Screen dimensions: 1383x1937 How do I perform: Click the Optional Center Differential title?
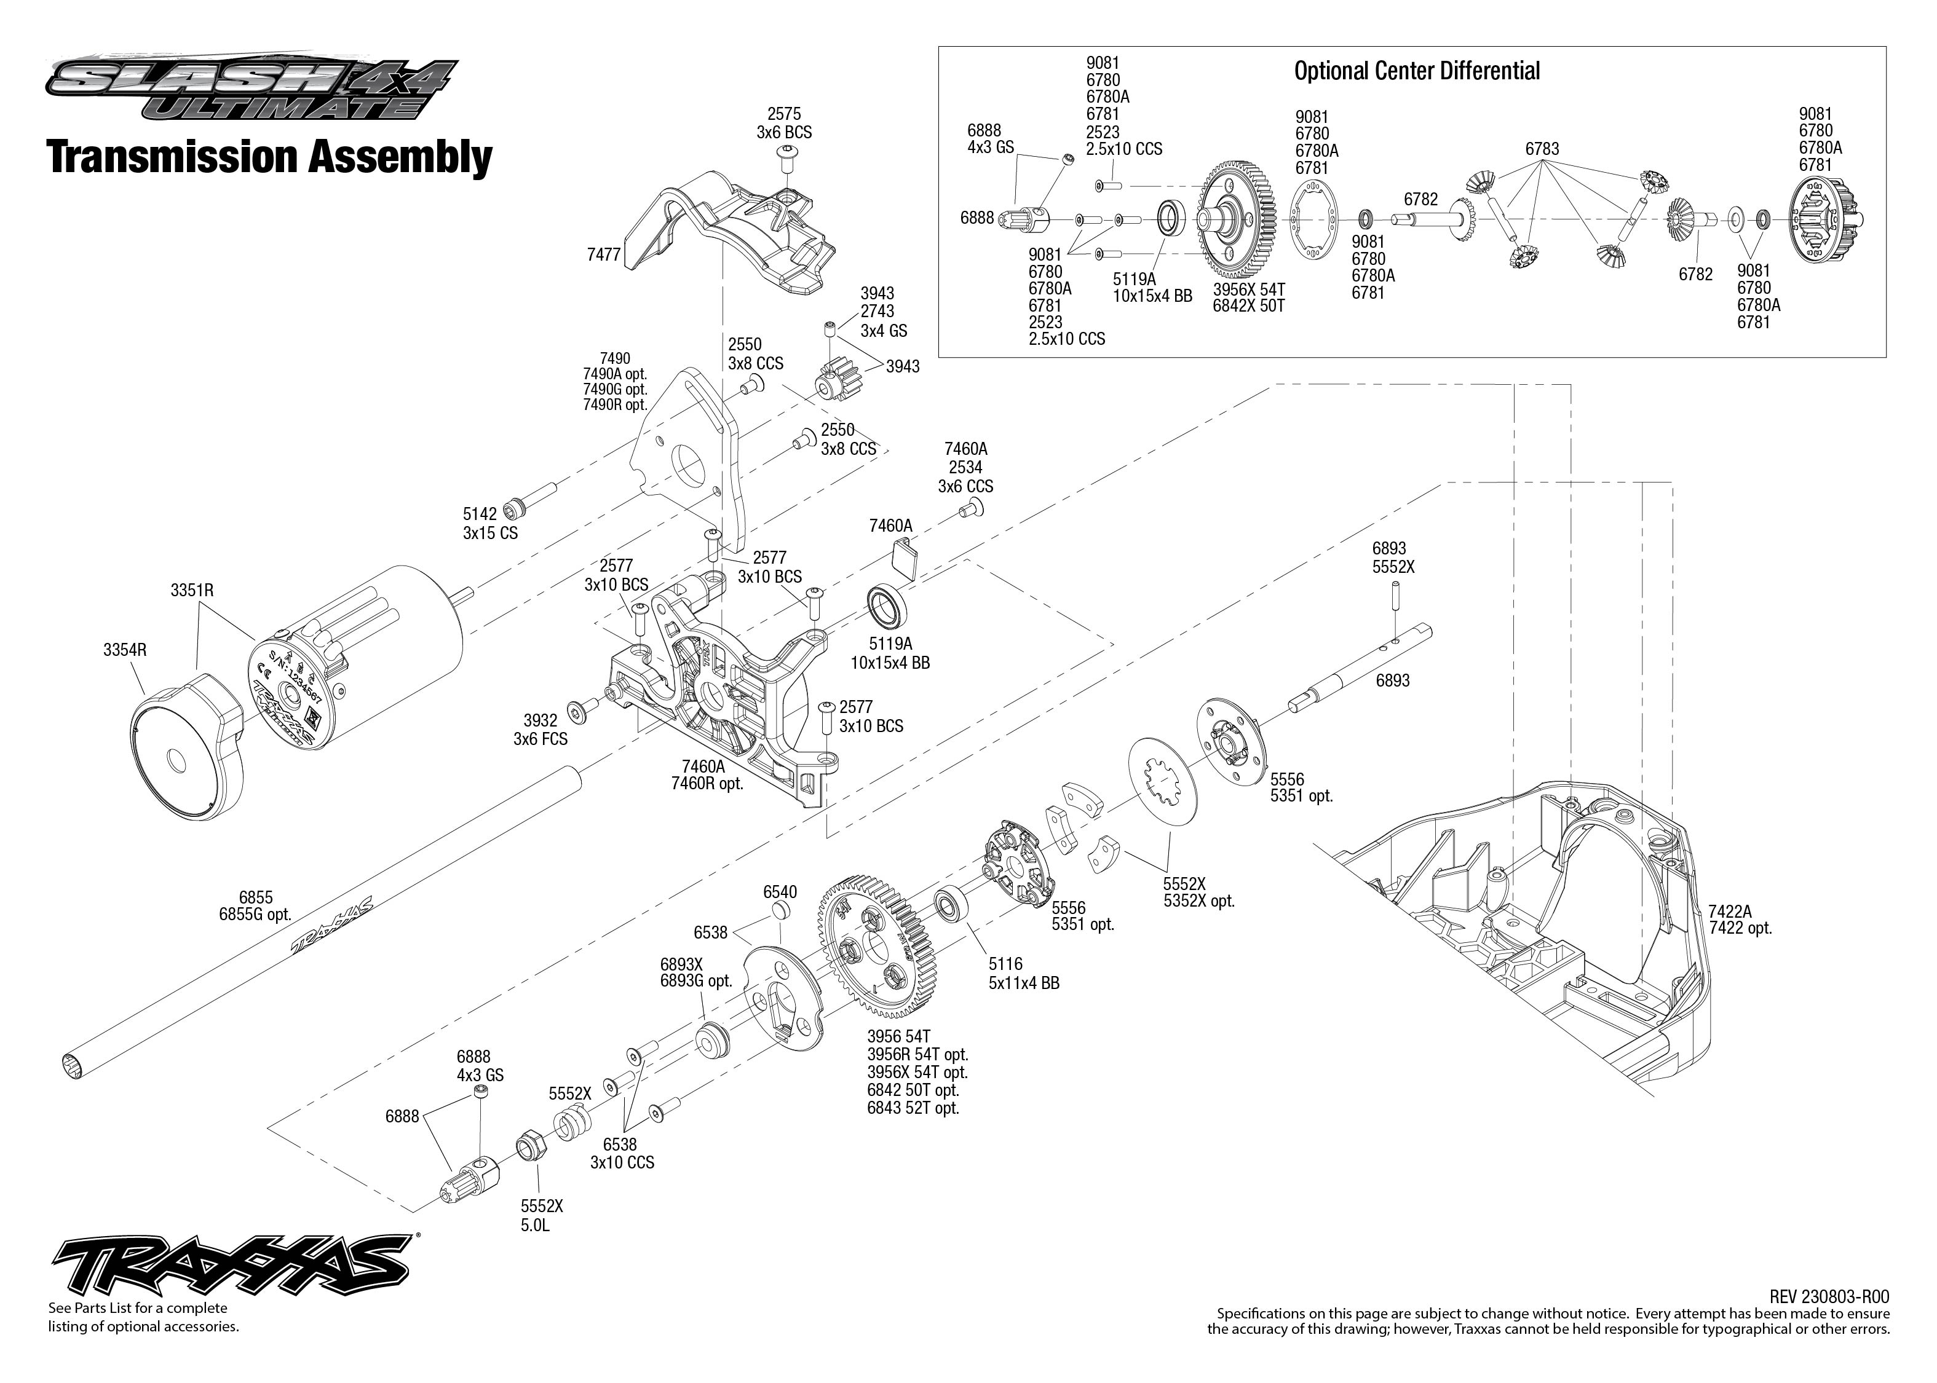point(1417,71)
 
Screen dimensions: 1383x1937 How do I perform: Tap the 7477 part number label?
point(603,254)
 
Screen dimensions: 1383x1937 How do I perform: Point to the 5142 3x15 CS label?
point(490,524)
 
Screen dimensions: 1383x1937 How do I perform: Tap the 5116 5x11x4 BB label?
point(1023,974)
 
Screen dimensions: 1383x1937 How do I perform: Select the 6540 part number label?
point(779,892)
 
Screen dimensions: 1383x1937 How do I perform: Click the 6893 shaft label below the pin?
point(1392,680)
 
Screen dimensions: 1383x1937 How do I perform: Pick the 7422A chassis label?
point(1740,920)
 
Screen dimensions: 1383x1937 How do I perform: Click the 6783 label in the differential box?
point(1542,149)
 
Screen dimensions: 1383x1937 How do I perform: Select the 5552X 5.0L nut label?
point(542,1215)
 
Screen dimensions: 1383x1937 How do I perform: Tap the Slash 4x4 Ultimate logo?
point(252,88)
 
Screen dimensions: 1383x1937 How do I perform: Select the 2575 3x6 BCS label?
point(783,124)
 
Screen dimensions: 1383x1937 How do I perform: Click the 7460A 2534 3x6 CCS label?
point(965,468)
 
